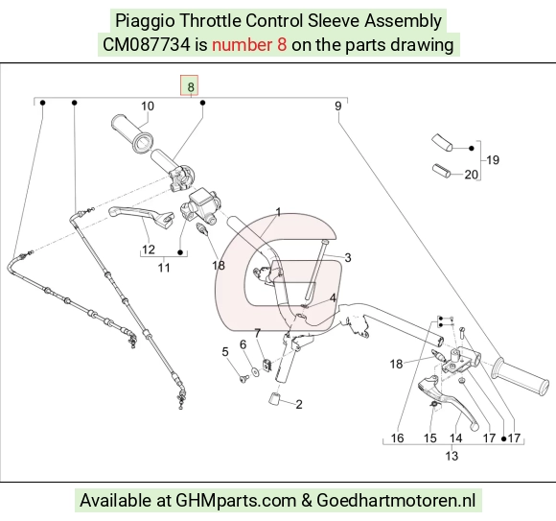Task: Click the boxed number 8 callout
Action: tap(190, 85)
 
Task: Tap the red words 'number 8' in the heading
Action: tap(249, 45)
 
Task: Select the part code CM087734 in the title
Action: tap(146, 45)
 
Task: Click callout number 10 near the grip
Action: tap(148, 107)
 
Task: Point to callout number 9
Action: tap(338, 107)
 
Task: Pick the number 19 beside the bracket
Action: tap(493, 160)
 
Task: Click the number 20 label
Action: tap(472, 175)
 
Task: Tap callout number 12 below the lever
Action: tap(149, 249)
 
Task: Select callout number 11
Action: tap(164, 268)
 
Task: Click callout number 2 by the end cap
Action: tap(299, 404)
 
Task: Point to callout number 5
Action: tap(225, 352)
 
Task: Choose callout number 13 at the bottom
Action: tap(452, 456)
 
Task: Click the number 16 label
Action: tap(397, 438)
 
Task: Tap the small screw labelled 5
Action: tap(243, 379)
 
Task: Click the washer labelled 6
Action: tap(255, 371)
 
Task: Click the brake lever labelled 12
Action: tap(141, 214)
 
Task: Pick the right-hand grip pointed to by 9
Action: tap(520, 377)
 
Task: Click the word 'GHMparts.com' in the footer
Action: tap(236, 501)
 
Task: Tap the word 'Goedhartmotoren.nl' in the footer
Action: tap(396, 501)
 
